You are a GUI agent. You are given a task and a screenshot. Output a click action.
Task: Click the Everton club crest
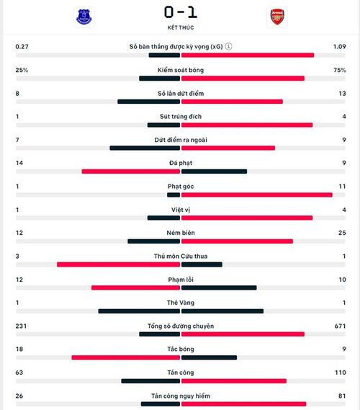[84, 17]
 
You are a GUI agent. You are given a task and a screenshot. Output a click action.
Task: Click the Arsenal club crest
[277, 17]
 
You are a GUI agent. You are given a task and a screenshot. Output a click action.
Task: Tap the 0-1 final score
[181, 12]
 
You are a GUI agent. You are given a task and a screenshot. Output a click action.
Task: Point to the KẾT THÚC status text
[181, 27]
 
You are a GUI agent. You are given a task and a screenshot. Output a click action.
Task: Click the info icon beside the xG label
[228, 46]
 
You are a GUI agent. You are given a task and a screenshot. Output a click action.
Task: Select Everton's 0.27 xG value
[22, 47]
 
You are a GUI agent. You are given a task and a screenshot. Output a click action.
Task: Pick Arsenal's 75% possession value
[340, 70]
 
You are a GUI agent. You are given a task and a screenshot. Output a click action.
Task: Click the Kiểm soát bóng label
[181, 70]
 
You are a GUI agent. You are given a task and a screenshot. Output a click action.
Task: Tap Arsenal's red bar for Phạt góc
[257, 195]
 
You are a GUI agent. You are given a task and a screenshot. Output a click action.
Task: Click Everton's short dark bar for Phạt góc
[174, 195]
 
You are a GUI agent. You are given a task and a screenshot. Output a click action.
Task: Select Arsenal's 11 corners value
[342, 187]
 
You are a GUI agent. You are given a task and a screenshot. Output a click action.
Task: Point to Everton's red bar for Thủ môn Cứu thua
[118, 264]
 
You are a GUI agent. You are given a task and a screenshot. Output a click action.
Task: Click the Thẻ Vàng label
[181, 303]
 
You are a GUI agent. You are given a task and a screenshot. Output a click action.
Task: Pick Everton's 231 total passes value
[21, 326]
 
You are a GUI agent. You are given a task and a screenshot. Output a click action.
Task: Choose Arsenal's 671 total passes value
[340, 326]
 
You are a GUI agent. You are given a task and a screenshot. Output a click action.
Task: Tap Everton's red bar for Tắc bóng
[126, 357]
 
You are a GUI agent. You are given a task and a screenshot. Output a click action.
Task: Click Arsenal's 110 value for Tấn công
[341, 373]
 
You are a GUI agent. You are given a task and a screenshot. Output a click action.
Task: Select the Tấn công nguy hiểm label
[181, 396]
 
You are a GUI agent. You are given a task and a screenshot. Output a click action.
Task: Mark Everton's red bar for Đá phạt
[131, 171]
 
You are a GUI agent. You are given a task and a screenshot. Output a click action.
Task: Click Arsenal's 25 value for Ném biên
[342, 233]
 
